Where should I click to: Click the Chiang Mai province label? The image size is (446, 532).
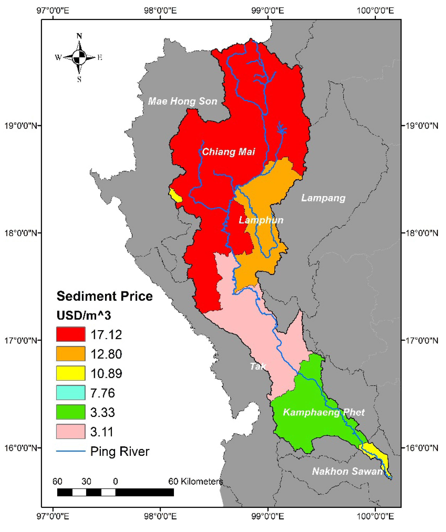[x=228, y=152]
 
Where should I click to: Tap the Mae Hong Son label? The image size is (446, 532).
[x=182, y=101]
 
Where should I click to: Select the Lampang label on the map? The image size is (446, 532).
[x=323, y=198]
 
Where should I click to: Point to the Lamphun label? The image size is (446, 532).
[x=261, y=220]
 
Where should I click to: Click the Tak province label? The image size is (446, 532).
[x=258, y=366]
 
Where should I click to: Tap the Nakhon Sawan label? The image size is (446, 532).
[x=347, y=471]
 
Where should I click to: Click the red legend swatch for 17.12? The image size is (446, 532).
[x=71, y=334]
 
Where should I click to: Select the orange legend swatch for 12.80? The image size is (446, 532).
[x=71, y=354]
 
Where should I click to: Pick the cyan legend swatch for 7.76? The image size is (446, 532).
[x=71, y=393]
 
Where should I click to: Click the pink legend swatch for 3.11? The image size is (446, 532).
[x=71, y=431]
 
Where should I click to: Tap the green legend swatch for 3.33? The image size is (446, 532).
[x=71, y=412]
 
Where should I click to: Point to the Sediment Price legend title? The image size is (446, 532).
[x=104, y=296]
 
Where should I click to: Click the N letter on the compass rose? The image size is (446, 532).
[x=79, y=36]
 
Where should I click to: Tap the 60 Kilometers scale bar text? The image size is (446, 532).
[x=196, y=481]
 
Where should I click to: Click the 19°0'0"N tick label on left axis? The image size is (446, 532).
[x=21, y=126]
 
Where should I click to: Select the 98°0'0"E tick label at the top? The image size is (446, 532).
[x=160, y=11]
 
